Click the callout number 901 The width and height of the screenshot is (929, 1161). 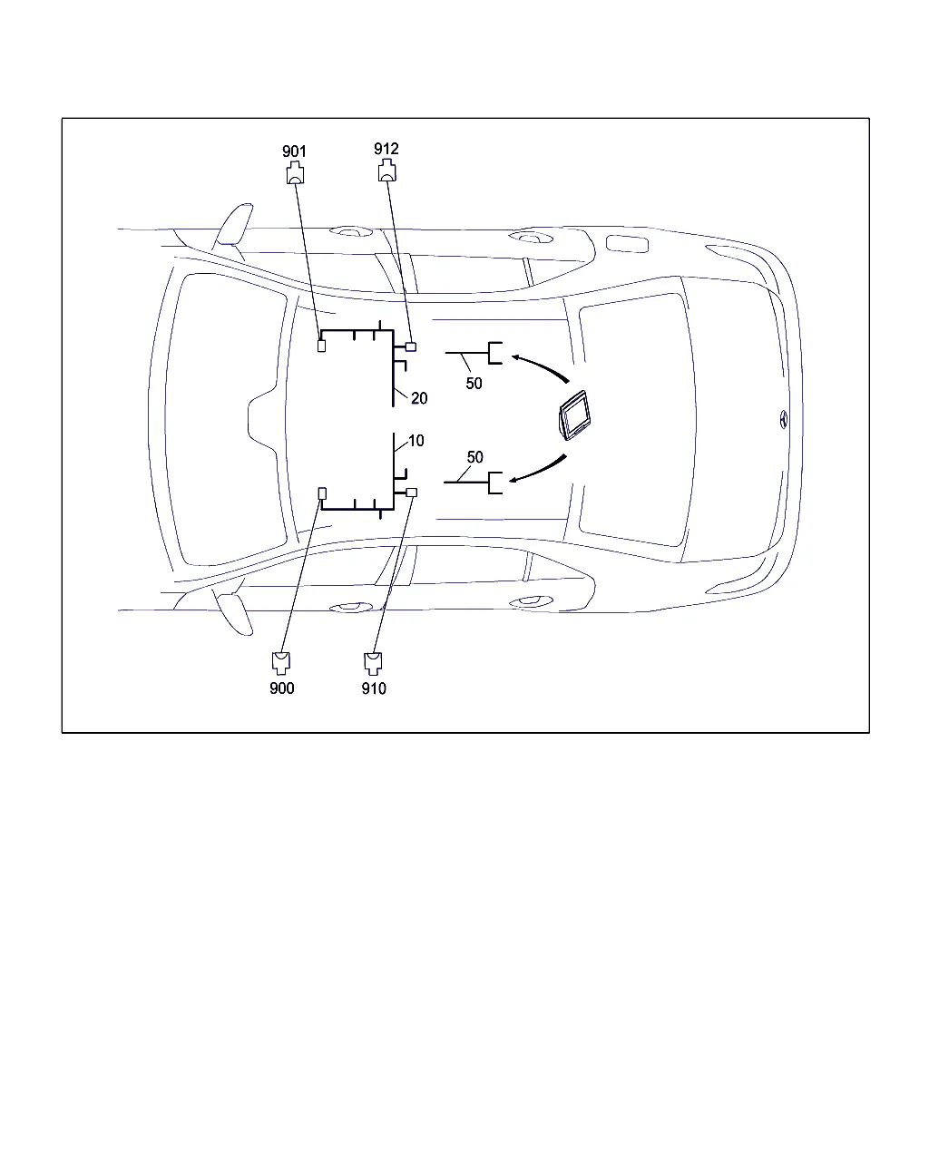click(294, 151)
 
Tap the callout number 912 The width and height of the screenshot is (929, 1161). click(386, 149)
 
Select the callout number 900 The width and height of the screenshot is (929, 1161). click(282, 688)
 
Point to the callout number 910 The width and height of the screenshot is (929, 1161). click(374, 688)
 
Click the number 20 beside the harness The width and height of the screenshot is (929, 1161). click(419, 398)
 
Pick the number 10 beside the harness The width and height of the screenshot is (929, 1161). click(416, 441)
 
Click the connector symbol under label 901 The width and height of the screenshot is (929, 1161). click(295, 172)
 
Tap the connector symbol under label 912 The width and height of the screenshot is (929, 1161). click(387, 170)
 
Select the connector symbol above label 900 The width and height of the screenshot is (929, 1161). click(281, 663)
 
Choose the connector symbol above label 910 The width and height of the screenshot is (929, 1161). click(373, 664)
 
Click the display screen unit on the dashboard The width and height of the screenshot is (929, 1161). click(574, 415)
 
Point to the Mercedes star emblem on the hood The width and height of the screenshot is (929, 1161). click(784, 419)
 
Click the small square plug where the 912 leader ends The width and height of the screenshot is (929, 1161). click(411, 346)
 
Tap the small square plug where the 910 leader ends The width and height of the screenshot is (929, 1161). click(411, 492)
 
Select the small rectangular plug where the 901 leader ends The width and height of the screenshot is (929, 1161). click(322, 346)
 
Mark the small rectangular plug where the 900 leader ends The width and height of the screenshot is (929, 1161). click(322, 493)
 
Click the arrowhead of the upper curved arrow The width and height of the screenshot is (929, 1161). click(516, 356)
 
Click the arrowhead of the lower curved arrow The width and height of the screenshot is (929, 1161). click(513, 480)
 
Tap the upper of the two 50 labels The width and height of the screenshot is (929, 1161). click(474, 384)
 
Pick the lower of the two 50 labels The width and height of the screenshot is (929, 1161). click(475, 457)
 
